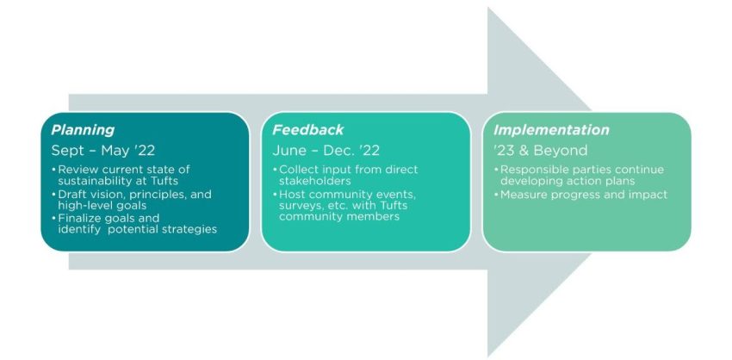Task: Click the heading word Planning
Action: (83, 130)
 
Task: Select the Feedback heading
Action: (307, 130)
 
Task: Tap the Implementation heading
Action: (551, 130)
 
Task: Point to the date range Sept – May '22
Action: (103, 151)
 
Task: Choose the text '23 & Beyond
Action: (540, 151)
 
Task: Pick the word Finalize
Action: (82, 219)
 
